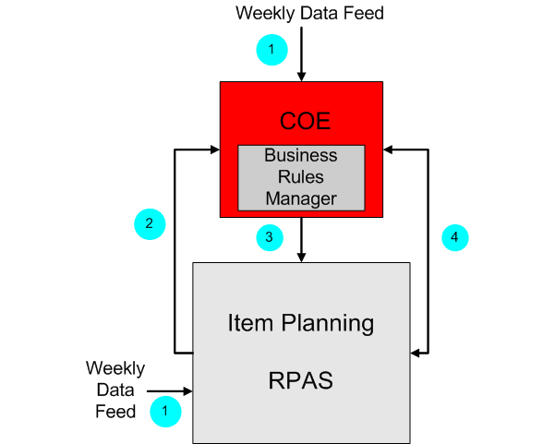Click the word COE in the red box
(x=305, y=122)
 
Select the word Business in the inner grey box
(x=301, y=155)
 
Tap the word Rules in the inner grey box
(x=301, y=176)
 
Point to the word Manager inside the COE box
(x=301, y=198)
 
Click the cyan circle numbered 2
(x=150, y=222)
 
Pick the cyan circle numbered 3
(x=269, y=237)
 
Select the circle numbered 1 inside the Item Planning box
(x=165, y=411)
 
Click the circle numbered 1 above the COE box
(x=271, y=48)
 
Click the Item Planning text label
(x=301, y=323)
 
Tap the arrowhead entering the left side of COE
(x=212, y=147)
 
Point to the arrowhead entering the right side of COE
(x=391, y=147)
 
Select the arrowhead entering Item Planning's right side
(x=416, y=352)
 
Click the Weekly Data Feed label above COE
(x=309, y=13)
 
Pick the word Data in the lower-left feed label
(x=115, y=390)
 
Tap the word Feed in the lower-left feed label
(x=115, y=411)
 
